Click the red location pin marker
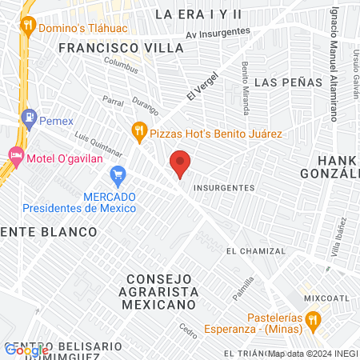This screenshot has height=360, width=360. pyautogui.click(x=181, y=164)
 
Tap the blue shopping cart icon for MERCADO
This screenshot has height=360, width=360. pyautogui.click(x=119, y=174)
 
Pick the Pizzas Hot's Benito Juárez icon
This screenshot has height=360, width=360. pyautogui.click(x=140, y=130)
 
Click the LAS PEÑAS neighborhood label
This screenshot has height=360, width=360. pyautogui.click(x=282, y=82)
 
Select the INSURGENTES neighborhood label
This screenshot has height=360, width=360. pyautogui.click(x=224, y=188)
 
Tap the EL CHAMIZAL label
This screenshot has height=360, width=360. pyautogui.click(x=255, y=251)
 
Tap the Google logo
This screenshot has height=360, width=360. pyautogui.click(x=26, y=350)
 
